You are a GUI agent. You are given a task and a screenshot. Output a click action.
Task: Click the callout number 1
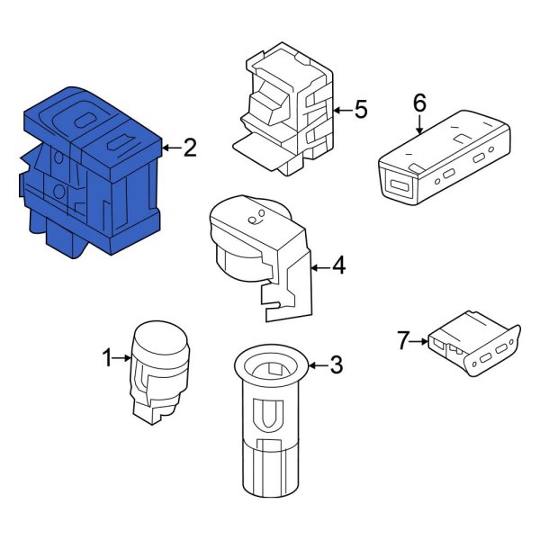[107, 359]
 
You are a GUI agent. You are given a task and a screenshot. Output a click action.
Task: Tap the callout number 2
[189, 148]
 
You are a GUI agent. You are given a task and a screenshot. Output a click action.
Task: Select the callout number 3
[336, 365]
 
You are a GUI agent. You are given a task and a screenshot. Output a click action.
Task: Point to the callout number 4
[338, 265]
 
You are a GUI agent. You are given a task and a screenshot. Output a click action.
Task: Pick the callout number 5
[360, 111]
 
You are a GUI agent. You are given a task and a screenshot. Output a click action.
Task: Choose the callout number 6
[419, 103]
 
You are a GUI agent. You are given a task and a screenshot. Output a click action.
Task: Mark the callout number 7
[404, 339]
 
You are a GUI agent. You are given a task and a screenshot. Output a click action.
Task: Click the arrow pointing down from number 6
[419, 126]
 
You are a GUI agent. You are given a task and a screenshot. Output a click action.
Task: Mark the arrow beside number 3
[315, 365]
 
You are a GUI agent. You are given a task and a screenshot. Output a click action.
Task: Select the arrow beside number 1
[123, 360]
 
